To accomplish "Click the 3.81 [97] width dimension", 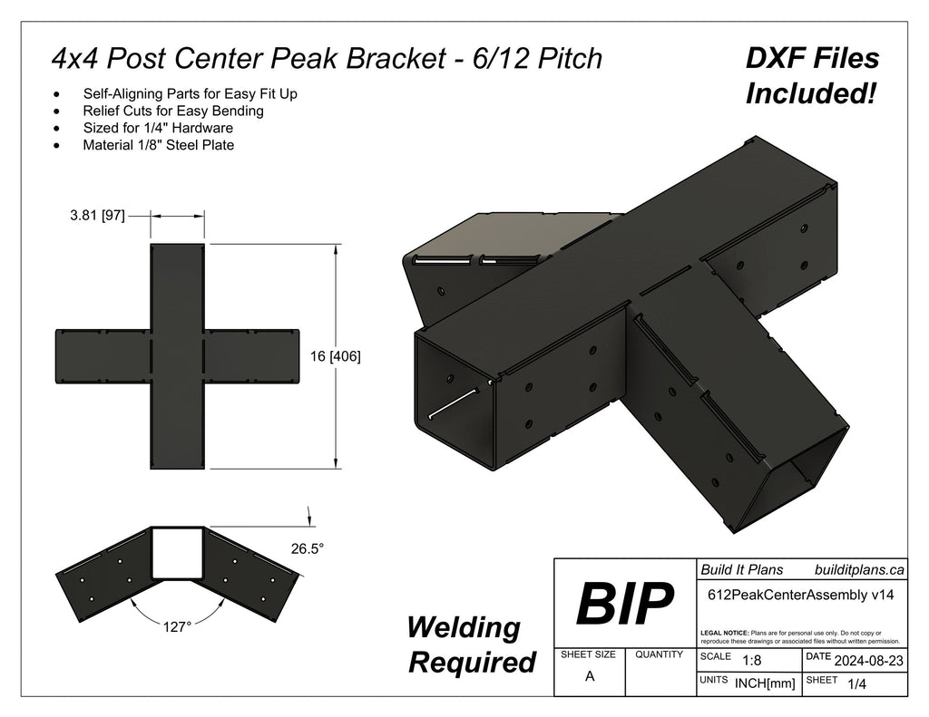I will (97, 216).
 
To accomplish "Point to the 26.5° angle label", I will (307, 548).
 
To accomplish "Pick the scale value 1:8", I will (752, 661).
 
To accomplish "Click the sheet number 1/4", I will (855, 685).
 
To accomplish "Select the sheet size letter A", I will (589, 675).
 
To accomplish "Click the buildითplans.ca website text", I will (859, 569).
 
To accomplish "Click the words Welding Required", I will (472, 644).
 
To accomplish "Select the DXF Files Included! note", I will (812, 75).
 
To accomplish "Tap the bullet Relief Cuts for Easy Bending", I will (172, 111).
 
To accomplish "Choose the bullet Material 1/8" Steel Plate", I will (158, 144).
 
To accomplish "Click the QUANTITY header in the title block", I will (660, 654).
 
